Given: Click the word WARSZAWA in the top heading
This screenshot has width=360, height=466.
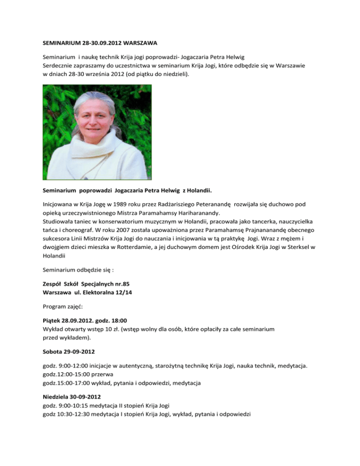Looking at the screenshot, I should [137, 48].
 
